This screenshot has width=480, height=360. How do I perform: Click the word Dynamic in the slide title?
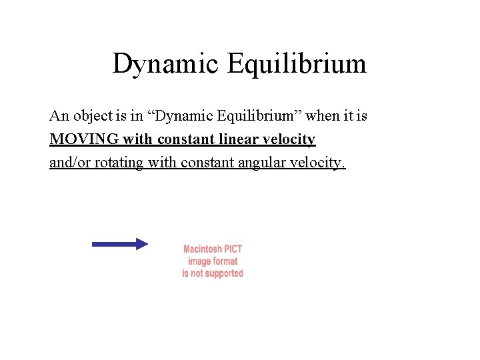click(x=165, y=65)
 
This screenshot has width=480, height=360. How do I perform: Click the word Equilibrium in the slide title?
click(x=297, y=65)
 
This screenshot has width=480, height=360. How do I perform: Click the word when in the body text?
click(x=322, y=116)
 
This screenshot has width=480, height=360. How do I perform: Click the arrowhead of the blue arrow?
click(x=141, y=244)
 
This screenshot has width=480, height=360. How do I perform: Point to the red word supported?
click(x=223, y=273)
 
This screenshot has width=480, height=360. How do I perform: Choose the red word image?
click(x=200, y=261)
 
